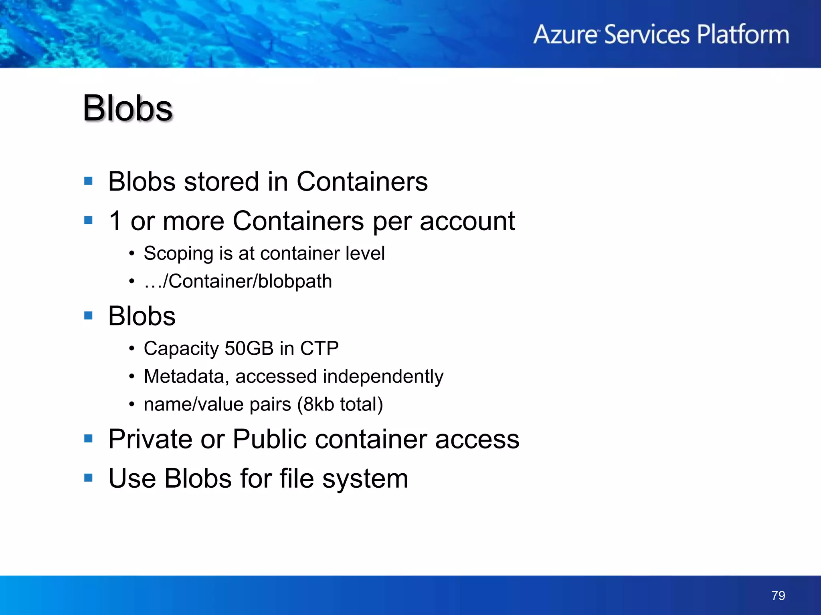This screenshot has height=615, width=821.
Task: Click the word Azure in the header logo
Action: pyautogui.click(x=565, y=34)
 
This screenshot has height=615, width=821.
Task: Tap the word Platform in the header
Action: pyautogui.click(x=743, y=34)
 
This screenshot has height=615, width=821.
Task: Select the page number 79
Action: pyautogui.click(x=778, y=595)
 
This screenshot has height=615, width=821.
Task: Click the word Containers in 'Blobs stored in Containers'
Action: pyautogui.click(x=362, y=182)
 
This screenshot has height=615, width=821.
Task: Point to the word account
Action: pyautogui.click(x=467, y=221)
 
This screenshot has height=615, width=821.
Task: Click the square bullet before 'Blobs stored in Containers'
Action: pyautogui.click(x=89, y=181)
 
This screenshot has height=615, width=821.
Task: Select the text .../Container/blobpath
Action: pyautogui.click(x=238, y=281)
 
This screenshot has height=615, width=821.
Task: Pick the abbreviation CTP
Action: pyautogui.click(x=319, y=348)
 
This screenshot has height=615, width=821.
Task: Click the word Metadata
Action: pyautogui.click(x=186, y=376)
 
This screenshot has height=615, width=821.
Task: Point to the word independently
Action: pyautogui.click(x=383, y=376)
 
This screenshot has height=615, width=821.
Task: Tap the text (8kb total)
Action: pyautogui.click(x=340, y=404)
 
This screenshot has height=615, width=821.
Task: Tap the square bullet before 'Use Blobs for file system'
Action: pyautogui.click(x=89, y=478)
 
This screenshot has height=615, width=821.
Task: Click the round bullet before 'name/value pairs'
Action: pyautogui.click(x=131, y=404)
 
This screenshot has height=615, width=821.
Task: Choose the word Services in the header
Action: pyautogui.click(x=647, y=34)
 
